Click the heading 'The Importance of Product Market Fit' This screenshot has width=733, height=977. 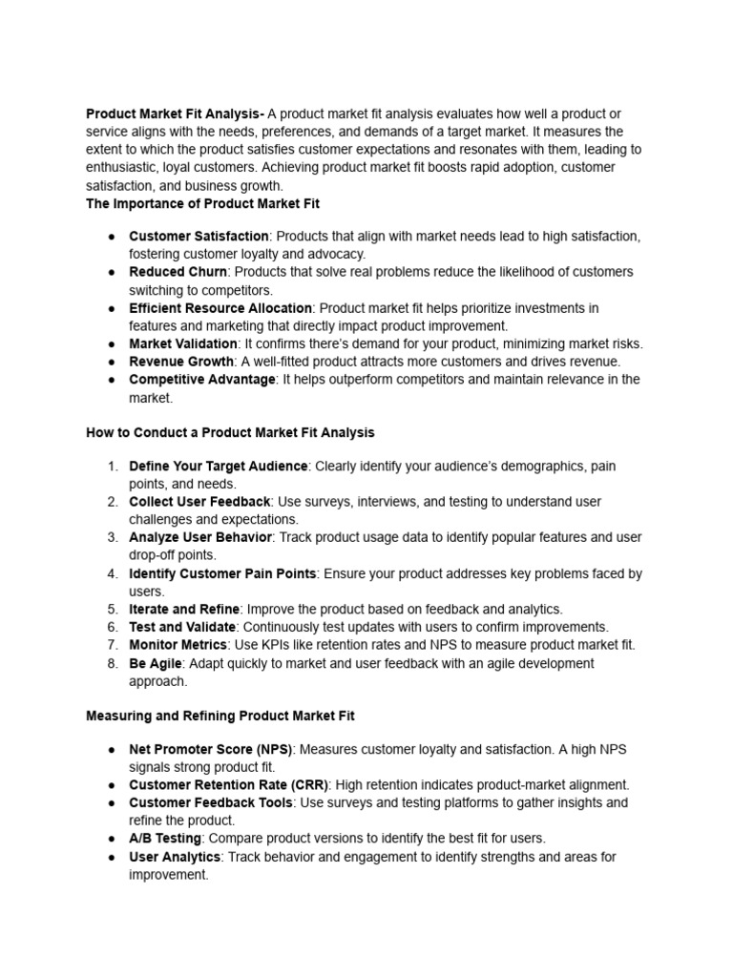(x=203, y=203)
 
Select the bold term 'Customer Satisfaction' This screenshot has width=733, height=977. (x=199, y=236)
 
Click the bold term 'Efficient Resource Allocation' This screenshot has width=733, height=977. (x=220, y=308)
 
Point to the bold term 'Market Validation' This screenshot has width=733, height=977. (x=183, y=343)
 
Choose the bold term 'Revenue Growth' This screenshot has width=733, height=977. (x=181, y=362)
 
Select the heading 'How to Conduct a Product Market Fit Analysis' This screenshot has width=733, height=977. (x=230, y=432)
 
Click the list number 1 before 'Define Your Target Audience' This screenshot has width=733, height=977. (x=112, y=466)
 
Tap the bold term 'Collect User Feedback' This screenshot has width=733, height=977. (x=200, y=502)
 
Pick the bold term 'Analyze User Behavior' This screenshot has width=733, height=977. (x=200, y=537)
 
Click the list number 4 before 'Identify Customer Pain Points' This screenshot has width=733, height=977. (x=112, y=573)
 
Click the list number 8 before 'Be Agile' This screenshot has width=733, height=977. (x=112, y=663)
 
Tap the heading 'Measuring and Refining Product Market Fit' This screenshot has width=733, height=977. (x=220, y=715)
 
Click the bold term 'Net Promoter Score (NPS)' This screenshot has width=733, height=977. (x=211, y=749)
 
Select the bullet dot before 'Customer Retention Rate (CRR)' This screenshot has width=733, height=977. (x=112, y=785)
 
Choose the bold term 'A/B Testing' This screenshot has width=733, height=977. (x=165, y=839)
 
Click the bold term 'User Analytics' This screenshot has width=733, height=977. (x=175, y=857)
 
